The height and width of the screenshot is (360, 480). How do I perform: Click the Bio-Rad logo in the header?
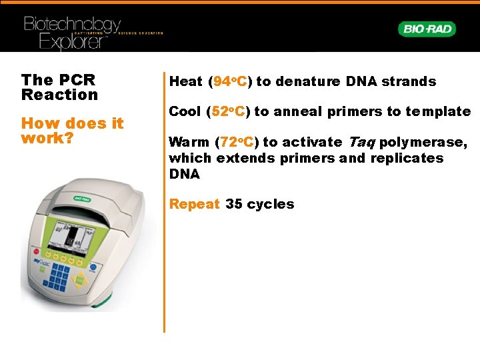(427, 29)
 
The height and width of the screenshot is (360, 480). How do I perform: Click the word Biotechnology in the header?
(72, 25)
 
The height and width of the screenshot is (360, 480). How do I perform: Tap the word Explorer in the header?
(73, 42)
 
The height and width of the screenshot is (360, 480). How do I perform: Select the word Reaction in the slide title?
(59, 95)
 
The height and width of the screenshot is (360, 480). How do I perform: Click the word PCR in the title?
(77, 80)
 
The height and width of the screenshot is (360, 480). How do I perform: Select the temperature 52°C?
(228, 111)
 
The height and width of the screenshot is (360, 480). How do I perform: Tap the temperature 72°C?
(236, 142)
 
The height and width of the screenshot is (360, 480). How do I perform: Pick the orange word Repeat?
(194, 204)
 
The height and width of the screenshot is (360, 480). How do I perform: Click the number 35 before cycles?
(233, 204)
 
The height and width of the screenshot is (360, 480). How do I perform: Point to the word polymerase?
(423, 142)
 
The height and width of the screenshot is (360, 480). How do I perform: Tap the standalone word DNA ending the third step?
(184, 174)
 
